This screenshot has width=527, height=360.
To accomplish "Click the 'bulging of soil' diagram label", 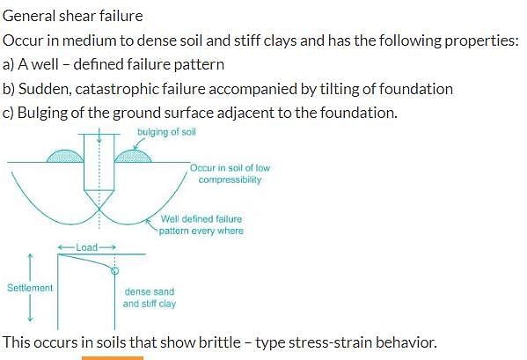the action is [166, 132].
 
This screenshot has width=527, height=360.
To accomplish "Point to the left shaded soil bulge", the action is [65, 157].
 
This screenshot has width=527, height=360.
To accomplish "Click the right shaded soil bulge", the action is [133, 157].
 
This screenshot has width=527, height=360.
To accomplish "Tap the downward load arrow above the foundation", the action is [99, 135].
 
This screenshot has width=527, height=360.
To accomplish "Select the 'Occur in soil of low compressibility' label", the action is [230, 173].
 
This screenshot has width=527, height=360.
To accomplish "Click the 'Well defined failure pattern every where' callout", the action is [201, 224].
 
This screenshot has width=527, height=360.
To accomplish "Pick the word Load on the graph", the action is [86, 247].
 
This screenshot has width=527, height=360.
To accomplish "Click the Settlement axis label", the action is [30, 288].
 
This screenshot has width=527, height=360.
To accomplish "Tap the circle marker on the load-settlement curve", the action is [115, 270].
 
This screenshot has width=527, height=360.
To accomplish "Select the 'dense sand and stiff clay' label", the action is [150, 298].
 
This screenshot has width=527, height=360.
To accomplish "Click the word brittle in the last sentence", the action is [219, 342].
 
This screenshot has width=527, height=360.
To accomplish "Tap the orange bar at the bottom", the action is [113, 358].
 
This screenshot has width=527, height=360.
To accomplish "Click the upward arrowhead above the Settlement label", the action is [30, 256].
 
